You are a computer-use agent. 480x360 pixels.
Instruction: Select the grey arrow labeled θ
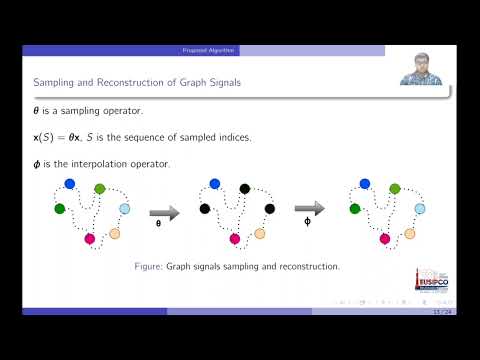(163, 211)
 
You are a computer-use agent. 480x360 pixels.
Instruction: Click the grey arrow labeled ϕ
(309, 208)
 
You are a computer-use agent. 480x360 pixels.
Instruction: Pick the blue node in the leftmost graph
(69, 183)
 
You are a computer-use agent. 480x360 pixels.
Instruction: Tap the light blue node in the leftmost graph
(125, 208)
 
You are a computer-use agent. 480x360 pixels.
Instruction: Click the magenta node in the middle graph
(234, 239)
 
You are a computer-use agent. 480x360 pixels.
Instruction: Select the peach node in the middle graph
(259, 233)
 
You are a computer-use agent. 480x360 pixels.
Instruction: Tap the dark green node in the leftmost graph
(59, 208)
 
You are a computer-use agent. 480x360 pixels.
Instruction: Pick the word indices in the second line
(246, 137)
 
